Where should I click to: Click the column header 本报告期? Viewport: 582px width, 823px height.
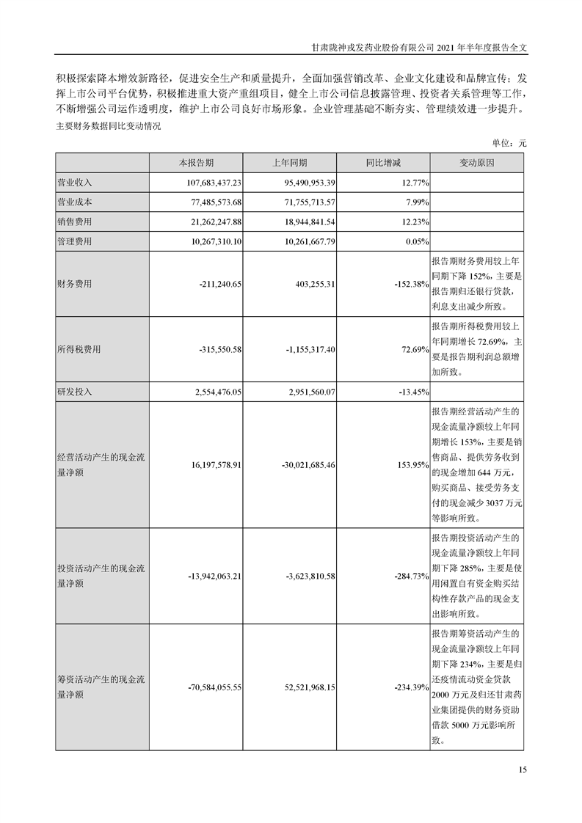click(x=196, y=162)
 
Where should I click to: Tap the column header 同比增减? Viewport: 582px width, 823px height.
click(x=384, y=162)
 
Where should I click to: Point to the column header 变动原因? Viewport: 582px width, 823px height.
click(x=477, y=162)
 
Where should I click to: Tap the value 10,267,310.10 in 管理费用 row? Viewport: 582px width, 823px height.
click(x=211, y=241)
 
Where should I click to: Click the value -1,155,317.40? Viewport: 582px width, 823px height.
click(x=302, y=350)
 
